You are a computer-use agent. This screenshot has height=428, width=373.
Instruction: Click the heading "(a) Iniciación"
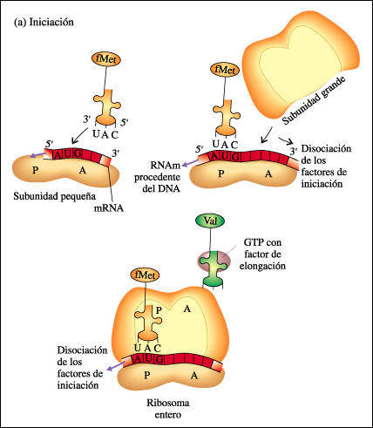coord(44,23)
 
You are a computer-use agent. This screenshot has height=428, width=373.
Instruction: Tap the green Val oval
coord(210,221)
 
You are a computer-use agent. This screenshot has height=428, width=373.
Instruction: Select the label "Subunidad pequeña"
coord(55,197)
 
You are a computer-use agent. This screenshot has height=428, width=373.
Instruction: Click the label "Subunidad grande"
coord(315,100)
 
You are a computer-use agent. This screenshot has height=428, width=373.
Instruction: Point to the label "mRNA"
coord(109,208)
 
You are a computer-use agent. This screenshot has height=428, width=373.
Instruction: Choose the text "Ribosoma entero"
coord(168,409)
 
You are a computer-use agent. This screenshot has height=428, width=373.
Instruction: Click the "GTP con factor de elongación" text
coord(262,254)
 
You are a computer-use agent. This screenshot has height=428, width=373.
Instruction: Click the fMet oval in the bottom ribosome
coord(146,275)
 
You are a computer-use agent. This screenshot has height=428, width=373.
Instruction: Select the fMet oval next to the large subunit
coord(224,70)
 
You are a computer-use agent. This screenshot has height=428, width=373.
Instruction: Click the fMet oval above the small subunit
coord(106,59)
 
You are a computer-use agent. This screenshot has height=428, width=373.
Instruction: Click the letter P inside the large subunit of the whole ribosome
coord(159,310)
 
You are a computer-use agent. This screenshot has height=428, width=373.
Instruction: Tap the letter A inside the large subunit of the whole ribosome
coord(187,309)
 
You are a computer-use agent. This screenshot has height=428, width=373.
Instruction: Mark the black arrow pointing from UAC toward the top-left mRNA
coord(80,134)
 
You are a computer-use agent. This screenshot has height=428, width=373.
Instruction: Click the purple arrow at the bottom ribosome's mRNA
coord(115,366)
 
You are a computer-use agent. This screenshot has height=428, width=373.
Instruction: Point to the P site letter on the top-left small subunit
coord(36,170)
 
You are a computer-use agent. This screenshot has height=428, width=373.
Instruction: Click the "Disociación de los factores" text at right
coord(325,166)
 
